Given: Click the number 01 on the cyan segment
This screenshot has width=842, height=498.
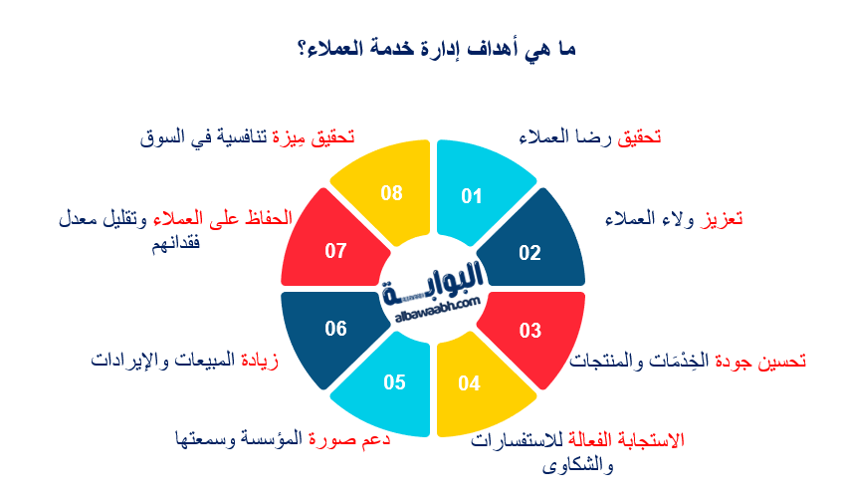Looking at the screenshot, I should (471, 195).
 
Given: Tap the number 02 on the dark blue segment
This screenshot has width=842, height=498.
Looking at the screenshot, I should (529, 252).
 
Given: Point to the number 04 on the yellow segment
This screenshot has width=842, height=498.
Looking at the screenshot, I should (469, 383).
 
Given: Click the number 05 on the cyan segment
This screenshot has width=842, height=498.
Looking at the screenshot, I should (393, 382).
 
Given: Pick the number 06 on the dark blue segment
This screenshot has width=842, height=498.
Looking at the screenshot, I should (335, 328).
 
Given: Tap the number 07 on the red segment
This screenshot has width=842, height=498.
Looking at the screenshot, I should (335, 251).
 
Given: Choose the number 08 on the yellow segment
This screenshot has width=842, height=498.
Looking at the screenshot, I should (391, 193).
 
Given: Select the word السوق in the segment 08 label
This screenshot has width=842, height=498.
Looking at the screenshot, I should (163, 137).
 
